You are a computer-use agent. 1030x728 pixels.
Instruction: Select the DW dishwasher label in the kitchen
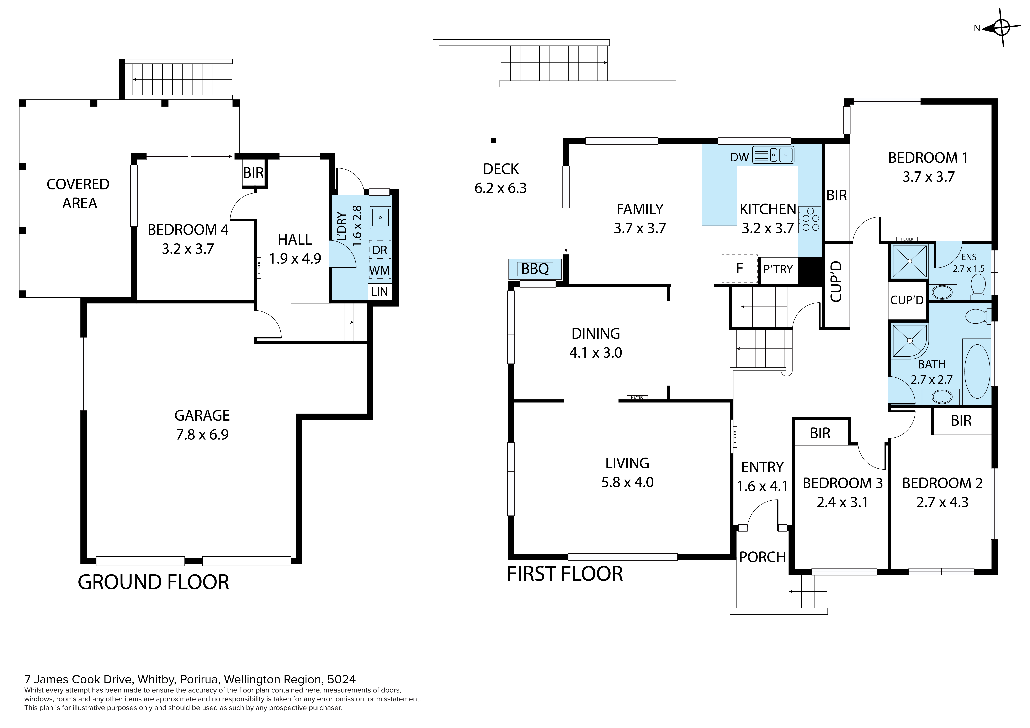pos(740,157)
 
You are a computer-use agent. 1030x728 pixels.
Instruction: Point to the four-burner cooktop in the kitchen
pos(809,219)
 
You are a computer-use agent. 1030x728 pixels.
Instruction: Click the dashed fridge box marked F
pos(739,269)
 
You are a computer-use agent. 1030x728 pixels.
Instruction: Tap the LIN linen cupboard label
pos(379,292)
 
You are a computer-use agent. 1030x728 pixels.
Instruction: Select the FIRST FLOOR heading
pos(565,574)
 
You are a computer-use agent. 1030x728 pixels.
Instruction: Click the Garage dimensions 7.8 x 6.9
pos(202,435)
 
